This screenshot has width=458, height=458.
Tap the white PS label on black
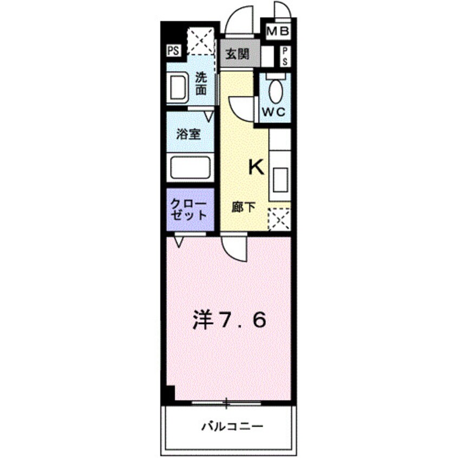(x=173, y=51)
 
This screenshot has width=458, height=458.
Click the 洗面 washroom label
(x=201, y=84)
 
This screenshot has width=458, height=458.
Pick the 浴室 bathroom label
(x=189, y=134)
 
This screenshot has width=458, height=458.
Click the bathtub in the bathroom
(x=190, y=167)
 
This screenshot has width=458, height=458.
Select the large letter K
(x=256, y=168)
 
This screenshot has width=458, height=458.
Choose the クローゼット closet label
(x=189, y=210)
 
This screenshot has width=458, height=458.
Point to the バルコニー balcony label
(x=233, y=426)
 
